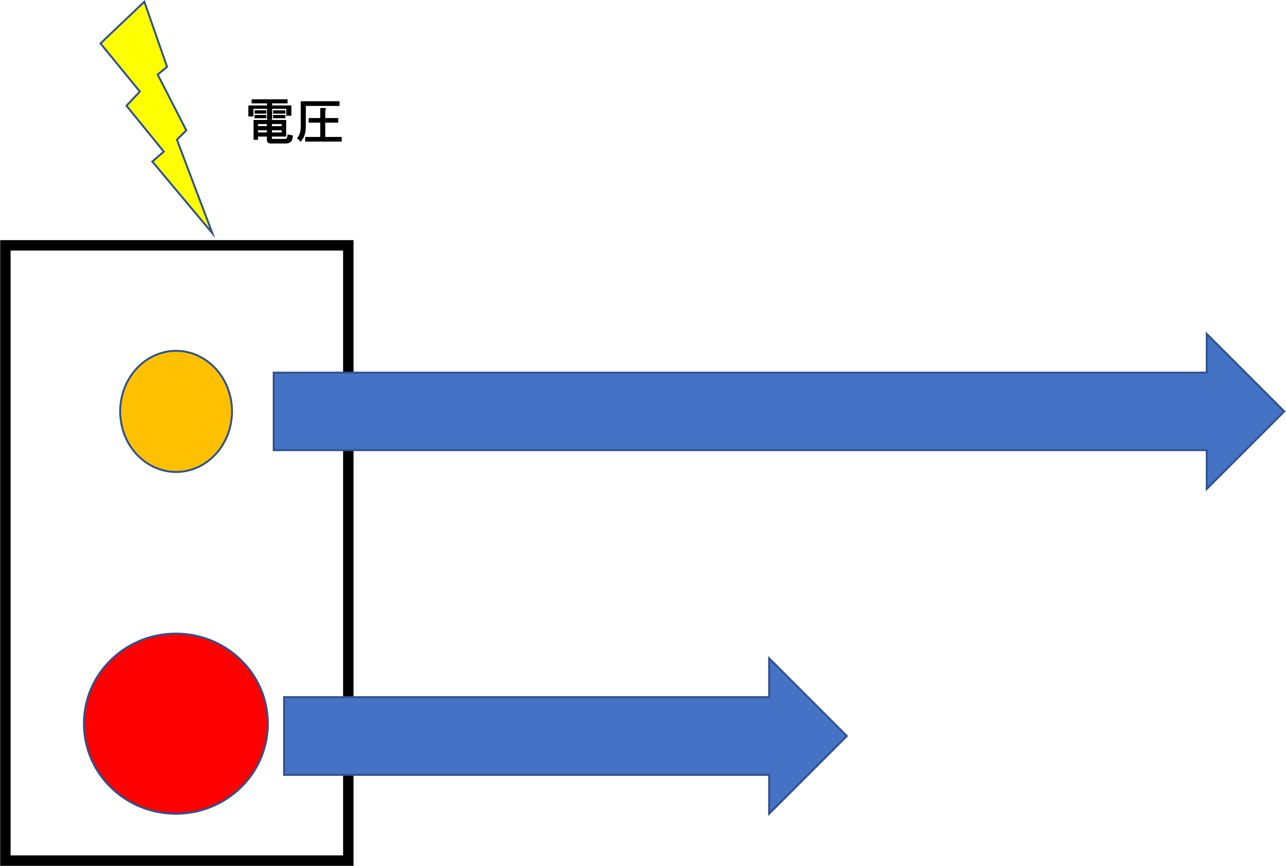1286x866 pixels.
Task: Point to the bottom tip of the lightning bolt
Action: pos(213,234)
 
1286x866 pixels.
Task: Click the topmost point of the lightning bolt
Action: pos(144,3)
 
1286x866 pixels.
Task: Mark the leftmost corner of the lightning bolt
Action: pos(101,43)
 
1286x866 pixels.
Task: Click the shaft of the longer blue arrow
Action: pos(718,412)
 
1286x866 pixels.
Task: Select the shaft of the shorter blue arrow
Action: pos(525,736)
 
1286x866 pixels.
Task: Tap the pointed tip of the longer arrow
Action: pos(1284,412)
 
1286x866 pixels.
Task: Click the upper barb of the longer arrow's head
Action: pos(1207,335)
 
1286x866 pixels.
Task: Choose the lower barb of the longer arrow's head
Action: pos(1207,488)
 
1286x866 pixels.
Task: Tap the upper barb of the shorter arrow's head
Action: pos(769,659)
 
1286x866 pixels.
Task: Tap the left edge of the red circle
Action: pos(84,724)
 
